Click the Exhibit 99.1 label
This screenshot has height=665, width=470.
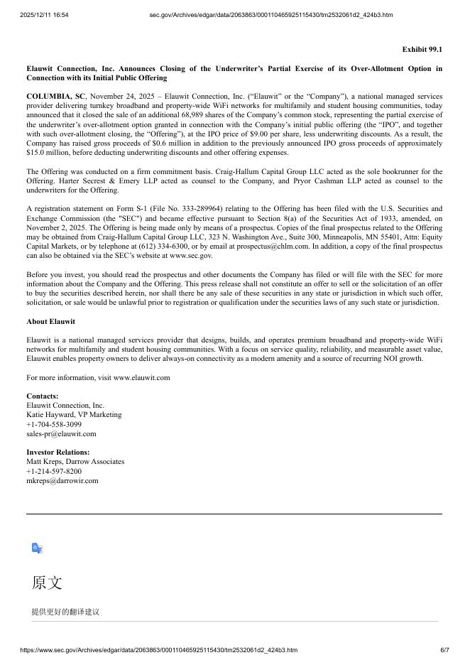pos(422,49)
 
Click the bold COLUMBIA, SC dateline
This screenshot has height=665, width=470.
pos(55,96)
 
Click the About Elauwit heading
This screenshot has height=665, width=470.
pos(50,321)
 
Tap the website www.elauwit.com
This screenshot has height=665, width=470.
pos(141,377)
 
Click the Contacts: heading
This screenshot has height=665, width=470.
pos(43,396)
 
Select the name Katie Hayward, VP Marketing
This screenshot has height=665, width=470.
pos(74,414)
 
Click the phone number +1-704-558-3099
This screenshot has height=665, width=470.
pos(54,424)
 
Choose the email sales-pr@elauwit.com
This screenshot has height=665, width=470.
pos(61,433)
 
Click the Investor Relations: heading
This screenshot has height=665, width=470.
pos(58,452)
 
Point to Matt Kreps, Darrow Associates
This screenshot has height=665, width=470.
pos(75,461)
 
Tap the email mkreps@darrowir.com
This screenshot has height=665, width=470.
pos(62,480)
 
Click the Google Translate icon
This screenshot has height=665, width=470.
pos(38,548)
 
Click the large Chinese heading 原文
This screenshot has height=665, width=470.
pos(47,583)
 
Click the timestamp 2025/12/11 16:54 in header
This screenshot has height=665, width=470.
pos(44,14)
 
